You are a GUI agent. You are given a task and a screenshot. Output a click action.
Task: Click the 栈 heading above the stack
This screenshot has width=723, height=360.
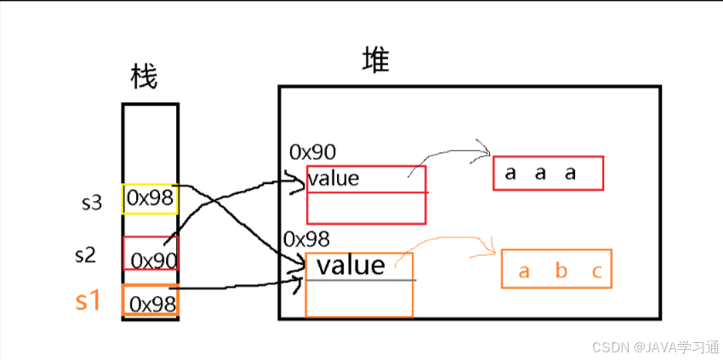145,77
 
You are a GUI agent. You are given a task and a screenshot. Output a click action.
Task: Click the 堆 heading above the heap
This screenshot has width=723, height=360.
375,60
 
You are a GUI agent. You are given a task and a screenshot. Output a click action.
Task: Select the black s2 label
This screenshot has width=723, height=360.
86,254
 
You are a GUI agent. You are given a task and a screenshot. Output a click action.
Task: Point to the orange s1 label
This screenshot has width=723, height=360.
88,300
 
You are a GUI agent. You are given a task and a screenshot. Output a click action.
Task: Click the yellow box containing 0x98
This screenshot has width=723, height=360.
151,198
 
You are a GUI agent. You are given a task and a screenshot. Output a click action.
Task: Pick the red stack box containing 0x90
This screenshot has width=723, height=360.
151,254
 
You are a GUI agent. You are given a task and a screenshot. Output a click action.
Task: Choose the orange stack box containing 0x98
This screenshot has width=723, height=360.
151,301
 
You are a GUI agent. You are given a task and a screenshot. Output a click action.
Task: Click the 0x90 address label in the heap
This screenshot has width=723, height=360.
312,152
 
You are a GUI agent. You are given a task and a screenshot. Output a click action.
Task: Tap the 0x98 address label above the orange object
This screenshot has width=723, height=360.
306,239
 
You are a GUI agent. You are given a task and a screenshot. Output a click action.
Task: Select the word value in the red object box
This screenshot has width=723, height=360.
333,179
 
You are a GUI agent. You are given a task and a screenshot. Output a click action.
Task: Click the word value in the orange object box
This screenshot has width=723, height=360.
350,266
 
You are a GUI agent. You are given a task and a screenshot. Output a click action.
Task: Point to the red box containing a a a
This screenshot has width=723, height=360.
548,173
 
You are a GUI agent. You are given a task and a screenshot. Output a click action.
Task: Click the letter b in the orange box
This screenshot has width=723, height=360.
561,271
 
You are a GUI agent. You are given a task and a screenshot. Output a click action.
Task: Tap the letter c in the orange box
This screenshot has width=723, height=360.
597,271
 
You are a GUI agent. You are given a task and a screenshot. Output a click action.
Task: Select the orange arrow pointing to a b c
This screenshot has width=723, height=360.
459,243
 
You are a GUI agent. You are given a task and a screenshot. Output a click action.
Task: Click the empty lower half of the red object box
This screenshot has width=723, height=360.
366,209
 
